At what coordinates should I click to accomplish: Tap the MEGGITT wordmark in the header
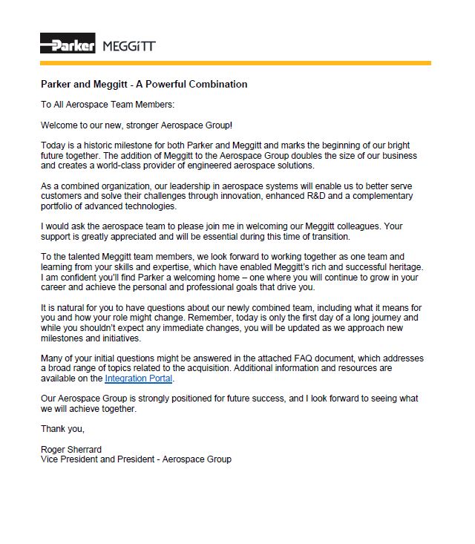pyautogui.click(x=128, y=45)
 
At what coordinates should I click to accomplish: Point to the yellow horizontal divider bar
pyautogui.click(x=235, y=63)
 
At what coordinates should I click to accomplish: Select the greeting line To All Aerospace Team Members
pyautogui.click(x=108, y=105)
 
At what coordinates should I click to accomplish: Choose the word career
pyautogui.click(x=54, y=288)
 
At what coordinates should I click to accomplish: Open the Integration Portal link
pyautogui.click(x=138, y=378)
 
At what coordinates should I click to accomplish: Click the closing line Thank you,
pyautogui.click(x=63, y=429)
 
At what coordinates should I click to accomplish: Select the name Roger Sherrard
pyautogui.click(x=72, y=449)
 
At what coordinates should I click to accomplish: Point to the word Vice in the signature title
pyautogui.click(x=50, y=459)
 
